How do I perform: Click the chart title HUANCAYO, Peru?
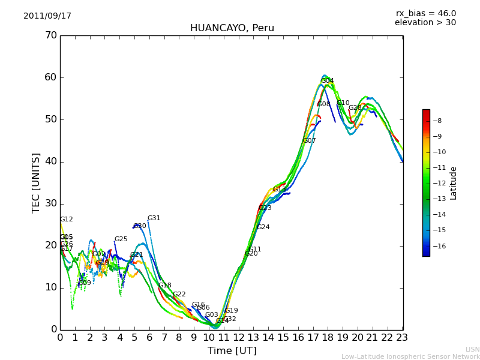232,28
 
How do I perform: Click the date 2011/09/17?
47,16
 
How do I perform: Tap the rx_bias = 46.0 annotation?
425,14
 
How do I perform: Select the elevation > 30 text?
425,23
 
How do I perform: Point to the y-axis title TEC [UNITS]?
36,182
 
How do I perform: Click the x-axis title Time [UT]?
232,351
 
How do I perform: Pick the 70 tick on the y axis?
50,35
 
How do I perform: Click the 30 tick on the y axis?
50,203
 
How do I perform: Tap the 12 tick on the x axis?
239,338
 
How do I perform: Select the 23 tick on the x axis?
403,338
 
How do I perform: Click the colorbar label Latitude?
454,183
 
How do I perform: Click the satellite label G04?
327,81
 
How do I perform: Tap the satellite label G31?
154,218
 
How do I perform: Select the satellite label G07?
309,141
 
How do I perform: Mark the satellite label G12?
66,220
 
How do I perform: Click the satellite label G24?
263,227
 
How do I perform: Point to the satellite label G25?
121,239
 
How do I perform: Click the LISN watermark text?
472,349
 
